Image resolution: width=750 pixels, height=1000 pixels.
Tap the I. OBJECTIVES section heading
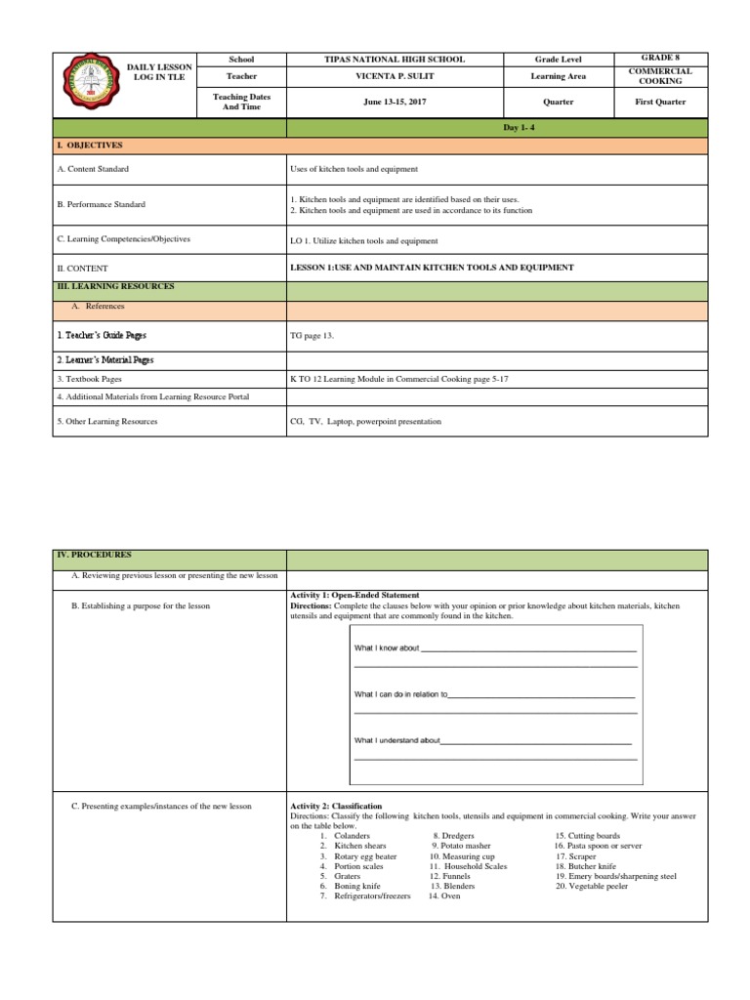[x=89, y=145]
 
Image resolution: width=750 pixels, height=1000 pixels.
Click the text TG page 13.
[x=312, y=335]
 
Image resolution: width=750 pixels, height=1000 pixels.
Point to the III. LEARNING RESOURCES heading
[x=116, y=286]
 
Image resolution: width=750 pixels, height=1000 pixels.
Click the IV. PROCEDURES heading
[x=96, y=554]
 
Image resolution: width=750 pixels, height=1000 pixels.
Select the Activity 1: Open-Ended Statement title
[x=354, y=595]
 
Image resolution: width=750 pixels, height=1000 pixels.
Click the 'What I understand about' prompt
[x=396, y=740]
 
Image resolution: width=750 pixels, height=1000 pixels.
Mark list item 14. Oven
[x=444, y=896]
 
